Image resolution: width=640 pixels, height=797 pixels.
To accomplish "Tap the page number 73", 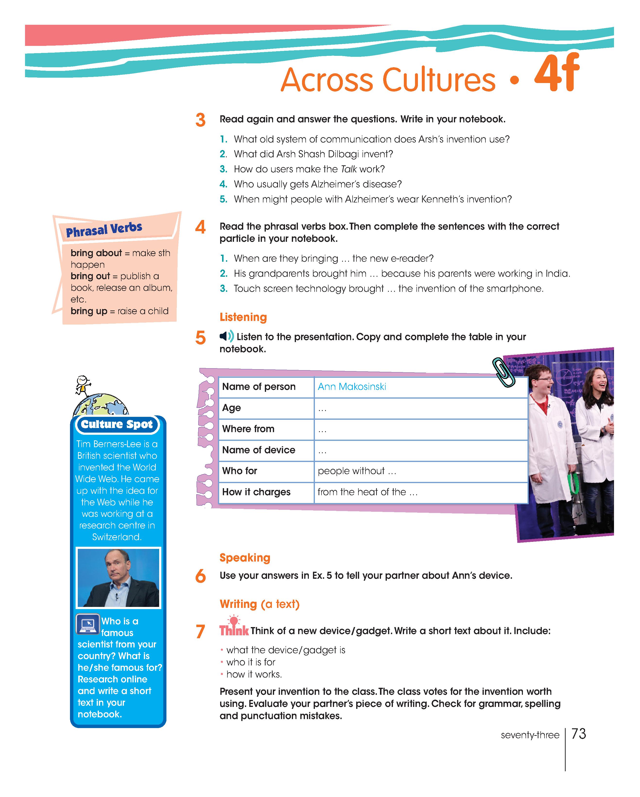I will coord(578,734).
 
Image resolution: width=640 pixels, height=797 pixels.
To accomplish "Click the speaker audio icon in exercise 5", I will coord(226,336).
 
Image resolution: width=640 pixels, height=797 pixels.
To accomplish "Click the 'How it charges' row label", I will coord(256,492).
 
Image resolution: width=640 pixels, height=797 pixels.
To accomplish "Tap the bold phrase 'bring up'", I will coord(89,311).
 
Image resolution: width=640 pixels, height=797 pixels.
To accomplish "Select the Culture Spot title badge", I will coord(117,424).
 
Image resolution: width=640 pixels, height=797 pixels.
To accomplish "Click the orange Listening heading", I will coord(243,317).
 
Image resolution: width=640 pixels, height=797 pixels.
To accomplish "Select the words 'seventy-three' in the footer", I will coord(530,735).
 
